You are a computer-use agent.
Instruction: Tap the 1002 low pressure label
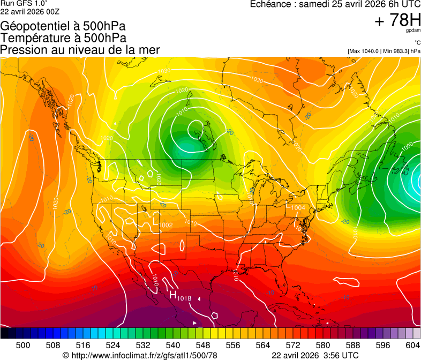(166, 226)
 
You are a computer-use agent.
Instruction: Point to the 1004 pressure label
(298, 207)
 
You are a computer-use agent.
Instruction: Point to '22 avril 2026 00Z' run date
(30, 11)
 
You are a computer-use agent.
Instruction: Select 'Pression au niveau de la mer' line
(80, 50)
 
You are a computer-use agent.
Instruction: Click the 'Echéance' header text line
(335, 4)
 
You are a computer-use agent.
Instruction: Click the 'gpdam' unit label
(413, 31)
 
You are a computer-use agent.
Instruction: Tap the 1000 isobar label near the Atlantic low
(407, 145)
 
